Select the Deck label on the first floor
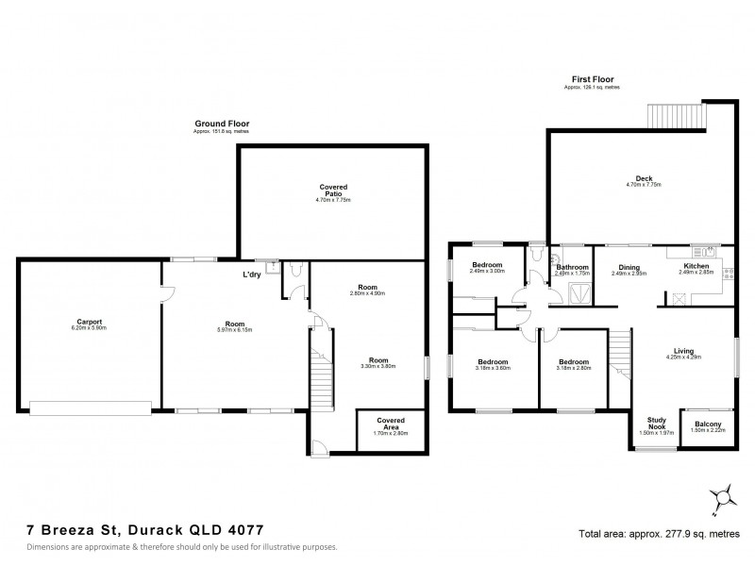click(645, 178)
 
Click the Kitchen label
click(696, 267)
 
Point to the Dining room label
click(629, 267)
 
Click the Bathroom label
click(573, 267)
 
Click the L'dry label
click(252, 275)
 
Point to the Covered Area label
click(391, 421)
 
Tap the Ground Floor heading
click(216, 124)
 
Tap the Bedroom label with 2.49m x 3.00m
click(488, 266)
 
